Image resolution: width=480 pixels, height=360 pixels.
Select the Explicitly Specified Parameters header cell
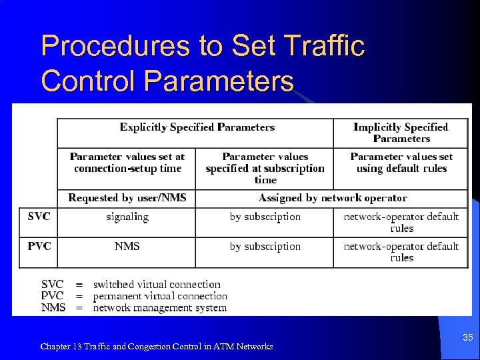coord(197,127)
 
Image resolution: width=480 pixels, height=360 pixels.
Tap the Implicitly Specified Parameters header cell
coord(401,133)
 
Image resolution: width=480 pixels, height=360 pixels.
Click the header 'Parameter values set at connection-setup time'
coord(127,162)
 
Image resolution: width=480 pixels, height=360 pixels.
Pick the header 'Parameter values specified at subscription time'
coord(265,168)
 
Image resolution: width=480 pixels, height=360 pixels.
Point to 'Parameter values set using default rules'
coord(401,162)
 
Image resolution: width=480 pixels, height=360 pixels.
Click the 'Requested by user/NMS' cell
coord(127,198)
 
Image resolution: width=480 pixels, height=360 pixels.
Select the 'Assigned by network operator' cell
coord(333,198)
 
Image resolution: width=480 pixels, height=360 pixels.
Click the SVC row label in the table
coord(39,217)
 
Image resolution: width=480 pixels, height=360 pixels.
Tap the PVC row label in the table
coord(39,247)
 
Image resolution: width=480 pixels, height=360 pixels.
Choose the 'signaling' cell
coord(127,217)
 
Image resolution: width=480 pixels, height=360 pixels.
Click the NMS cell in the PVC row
coord(127,247)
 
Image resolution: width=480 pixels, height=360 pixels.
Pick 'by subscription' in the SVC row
coord(265,217)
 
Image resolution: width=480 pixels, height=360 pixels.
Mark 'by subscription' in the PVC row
coord(265,247)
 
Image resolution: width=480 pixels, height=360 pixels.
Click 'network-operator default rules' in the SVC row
coord(401,222)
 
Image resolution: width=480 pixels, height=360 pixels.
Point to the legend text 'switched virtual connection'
coord(157,285)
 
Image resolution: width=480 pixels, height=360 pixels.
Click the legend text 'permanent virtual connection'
coord(160,296)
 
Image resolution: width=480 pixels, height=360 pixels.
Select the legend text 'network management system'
coord(160,308)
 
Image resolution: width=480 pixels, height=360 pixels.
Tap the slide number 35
coord(468,338)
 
